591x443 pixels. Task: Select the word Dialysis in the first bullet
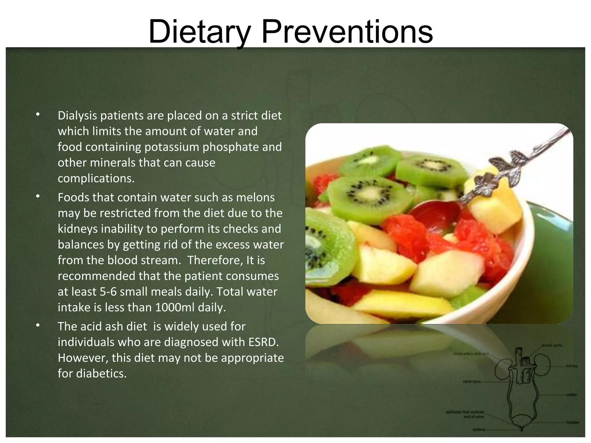pos(77,116)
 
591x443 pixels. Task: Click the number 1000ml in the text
pos(175,307)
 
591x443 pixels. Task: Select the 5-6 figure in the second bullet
pos(108,292)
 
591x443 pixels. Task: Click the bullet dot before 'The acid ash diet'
pos(38,325)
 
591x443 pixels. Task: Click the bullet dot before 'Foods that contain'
pos(38,196)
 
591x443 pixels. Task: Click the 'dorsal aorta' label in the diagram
pos(551,345)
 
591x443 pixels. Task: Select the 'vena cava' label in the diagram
pos(472,382)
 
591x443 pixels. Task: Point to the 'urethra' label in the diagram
pos(478,429)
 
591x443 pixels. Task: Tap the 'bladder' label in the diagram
pos(573,422)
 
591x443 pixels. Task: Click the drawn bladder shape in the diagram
pos(522,421)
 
